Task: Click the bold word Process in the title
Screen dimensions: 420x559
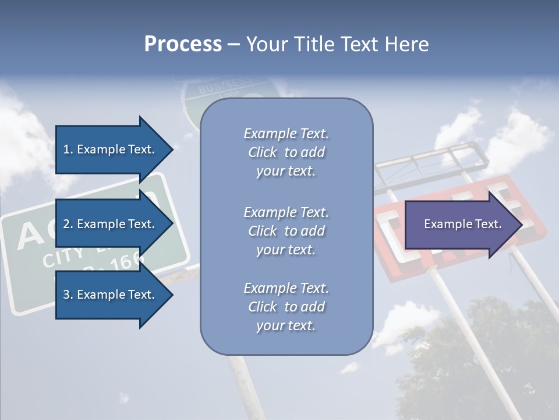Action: [183, 44]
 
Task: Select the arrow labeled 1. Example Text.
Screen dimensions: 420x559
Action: [109, 149]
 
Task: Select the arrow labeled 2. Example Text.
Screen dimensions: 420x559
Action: [109, 224]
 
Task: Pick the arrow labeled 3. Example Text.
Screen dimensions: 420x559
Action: [109, 295]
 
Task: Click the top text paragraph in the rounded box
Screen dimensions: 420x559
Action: [286, 152]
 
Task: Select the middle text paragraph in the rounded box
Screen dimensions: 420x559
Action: [286, 231]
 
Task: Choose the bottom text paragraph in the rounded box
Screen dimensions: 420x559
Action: [286, 307]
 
